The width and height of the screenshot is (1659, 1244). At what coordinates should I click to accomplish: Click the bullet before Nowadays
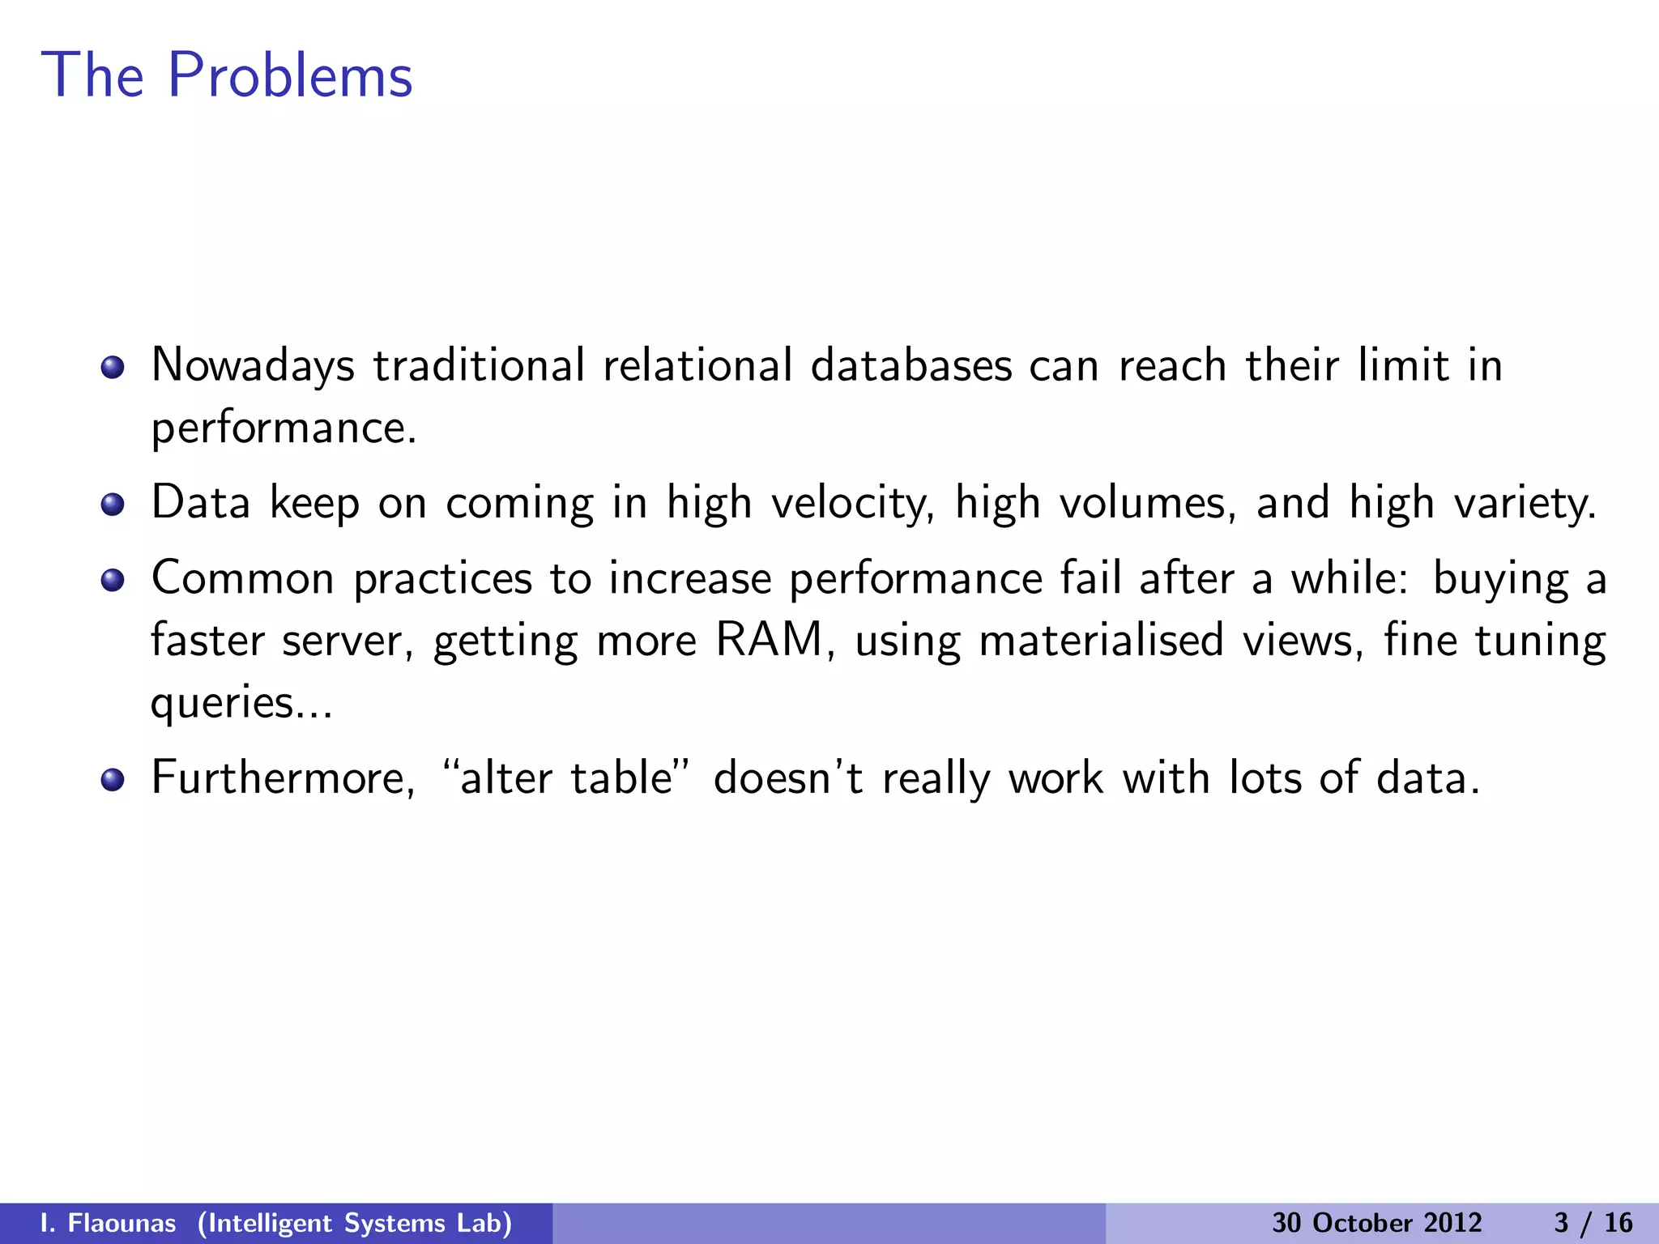click(113, 369)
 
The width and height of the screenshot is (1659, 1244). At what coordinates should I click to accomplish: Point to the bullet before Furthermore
click(113, 780)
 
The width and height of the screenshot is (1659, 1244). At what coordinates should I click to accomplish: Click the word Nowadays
click(253, 367)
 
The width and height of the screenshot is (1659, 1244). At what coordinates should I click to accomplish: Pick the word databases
click(911, 365)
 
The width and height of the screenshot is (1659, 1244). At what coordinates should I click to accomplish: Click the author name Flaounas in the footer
click(122, 1223)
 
